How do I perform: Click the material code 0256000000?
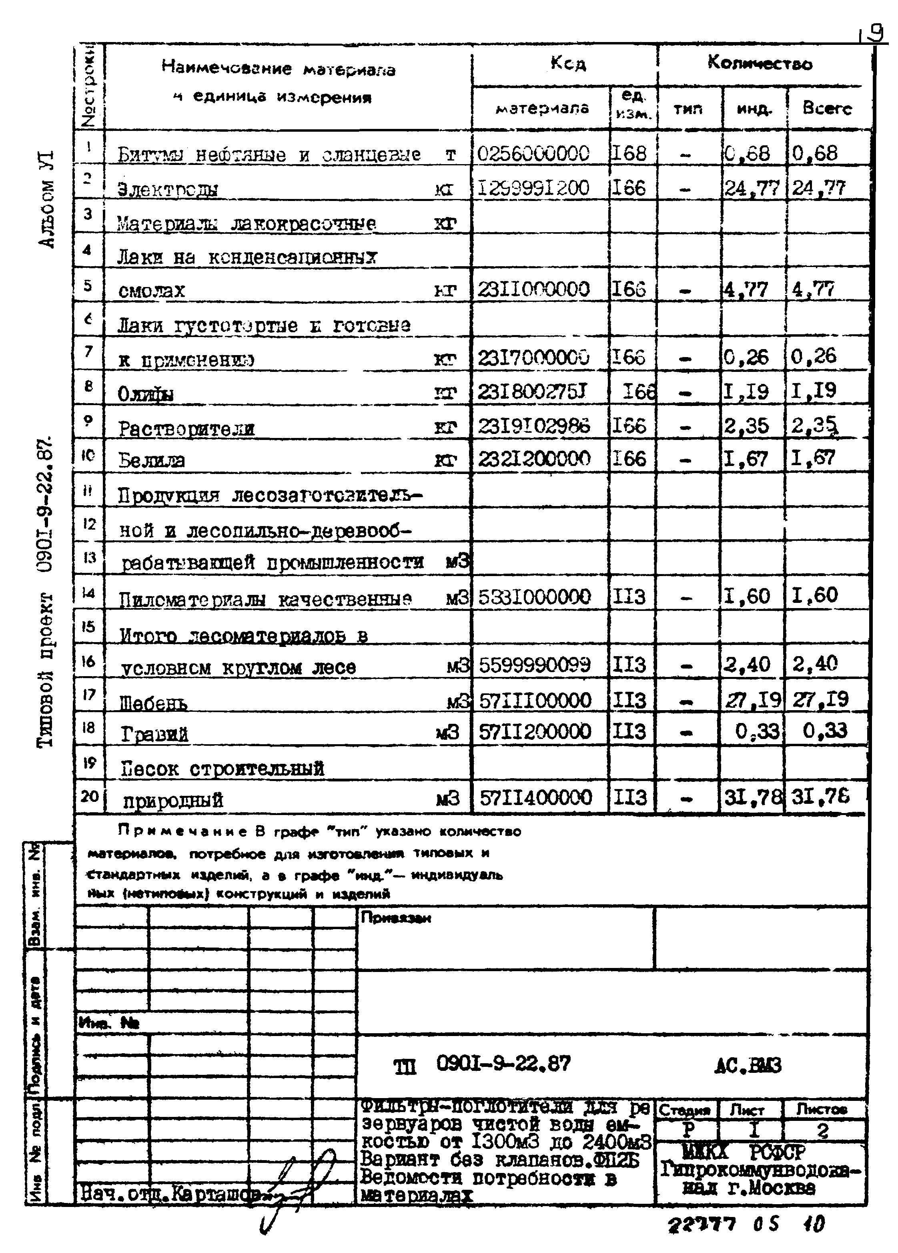(x=533, y=153)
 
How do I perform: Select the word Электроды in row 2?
(x=168, y=189)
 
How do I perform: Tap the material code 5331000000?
(x=535, y=596)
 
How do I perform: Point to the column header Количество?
(x=760, y=64)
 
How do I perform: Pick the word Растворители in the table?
(x=186, y=429)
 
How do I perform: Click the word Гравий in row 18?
(x=154, y=734)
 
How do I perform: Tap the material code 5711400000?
(x=536, y=797)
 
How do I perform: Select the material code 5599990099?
(x=535, y=665)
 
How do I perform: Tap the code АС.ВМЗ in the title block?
(x=748, y=1065)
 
